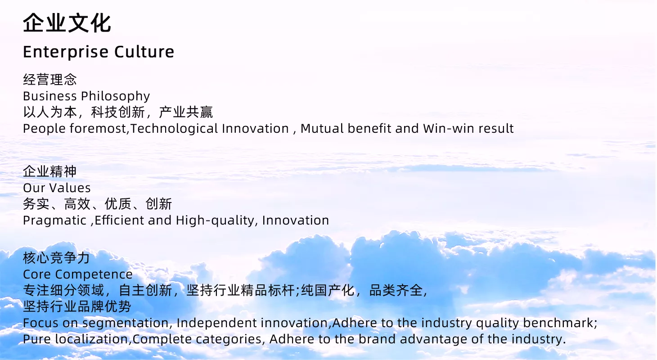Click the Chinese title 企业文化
click(x=67, y=23)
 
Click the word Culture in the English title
click(x=144, y=52)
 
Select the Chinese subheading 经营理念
click(x=50, y=80)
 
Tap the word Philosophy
click(x=116, y=97)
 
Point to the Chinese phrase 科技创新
click(x=118, y=112)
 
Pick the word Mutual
click(x=322, y=129)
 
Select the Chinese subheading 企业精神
click(x=50, y=171)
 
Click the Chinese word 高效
click(x=77, y=204)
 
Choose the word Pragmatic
click(x=54, y=220)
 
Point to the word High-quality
click(x=215, y=220)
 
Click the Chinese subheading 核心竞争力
click(x=56, y=258)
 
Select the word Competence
click(x=94, y=274)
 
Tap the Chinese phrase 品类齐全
click(x=396, y=290)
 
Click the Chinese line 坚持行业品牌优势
click(x=77, y=306)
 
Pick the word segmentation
click(x=125, y=323)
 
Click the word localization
click(x=91, y=339)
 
